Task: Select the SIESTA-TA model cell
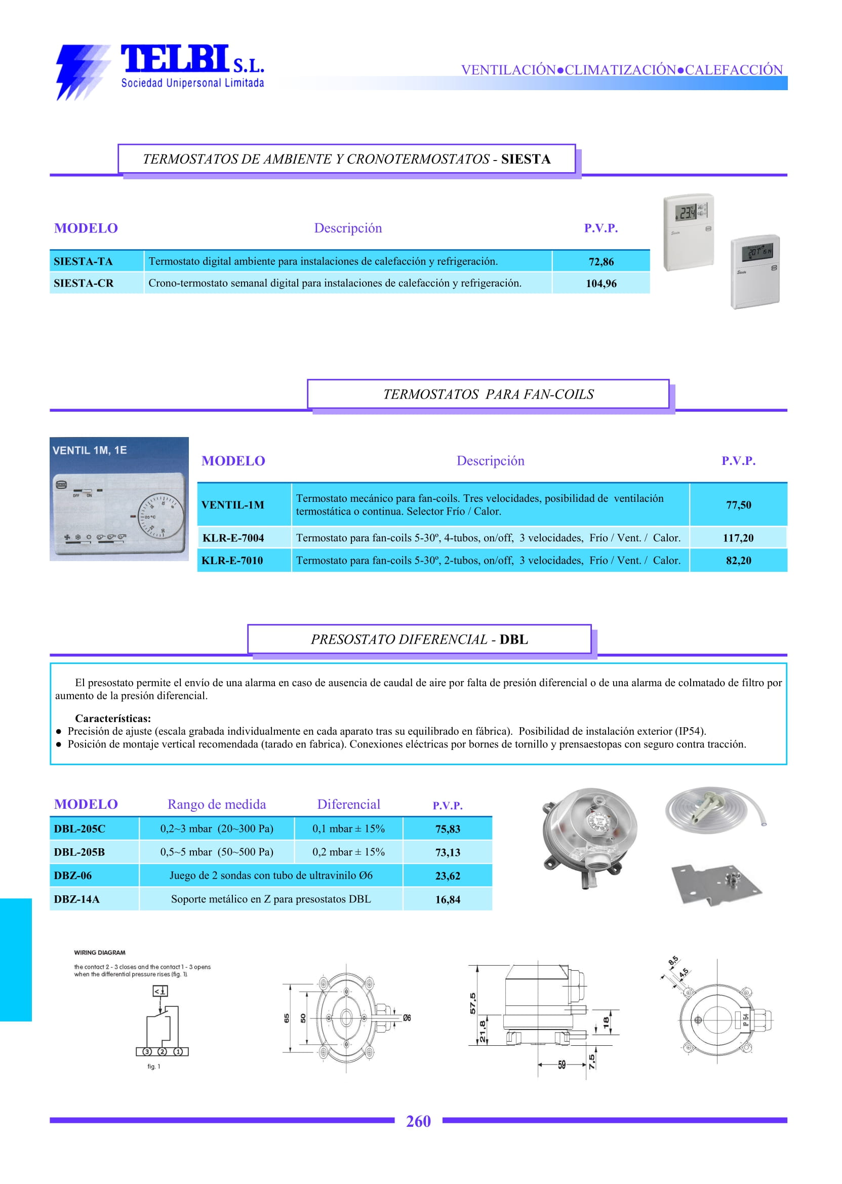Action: point(83,261)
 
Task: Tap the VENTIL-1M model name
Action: point(233,504)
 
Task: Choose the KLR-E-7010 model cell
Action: point(233,561)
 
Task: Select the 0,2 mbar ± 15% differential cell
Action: point(348,852)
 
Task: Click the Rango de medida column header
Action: point(217,804)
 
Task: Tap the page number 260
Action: point(418,1121)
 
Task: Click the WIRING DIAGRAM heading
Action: point(100,953)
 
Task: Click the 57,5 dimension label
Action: point(473,1003)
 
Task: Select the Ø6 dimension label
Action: point(407,1018)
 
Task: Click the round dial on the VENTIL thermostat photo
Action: point(161,517)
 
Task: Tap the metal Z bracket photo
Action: point(716,884)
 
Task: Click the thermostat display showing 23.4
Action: point(688,212)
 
